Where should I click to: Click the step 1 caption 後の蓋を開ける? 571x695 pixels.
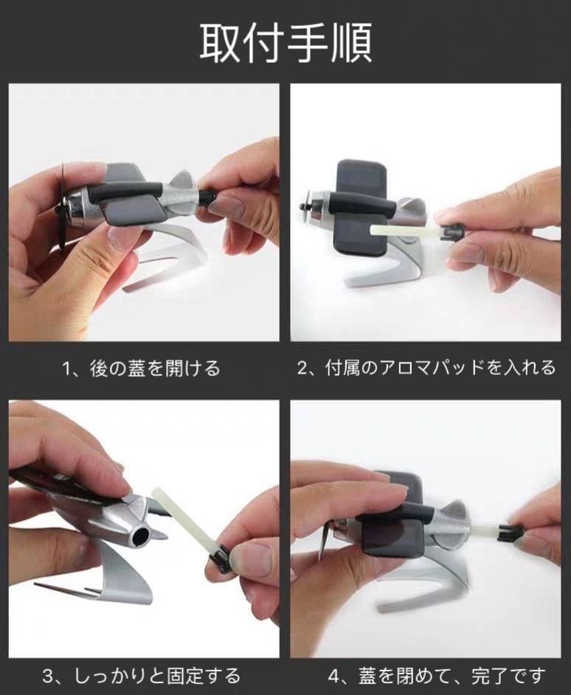click(155, 369)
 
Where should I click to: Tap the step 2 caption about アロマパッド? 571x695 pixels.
click(440, 368)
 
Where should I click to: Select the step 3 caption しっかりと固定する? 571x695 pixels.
click(157, 676)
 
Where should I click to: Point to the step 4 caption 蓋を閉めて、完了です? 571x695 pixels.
click(451, 676)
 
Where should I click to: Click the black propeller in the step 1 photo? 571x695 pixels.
click(63, 207)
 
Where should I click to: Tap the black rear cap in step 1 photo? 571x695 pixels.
click(207, 196)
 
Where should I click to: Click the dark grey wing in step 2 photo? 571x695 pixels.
click(362, 207)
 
